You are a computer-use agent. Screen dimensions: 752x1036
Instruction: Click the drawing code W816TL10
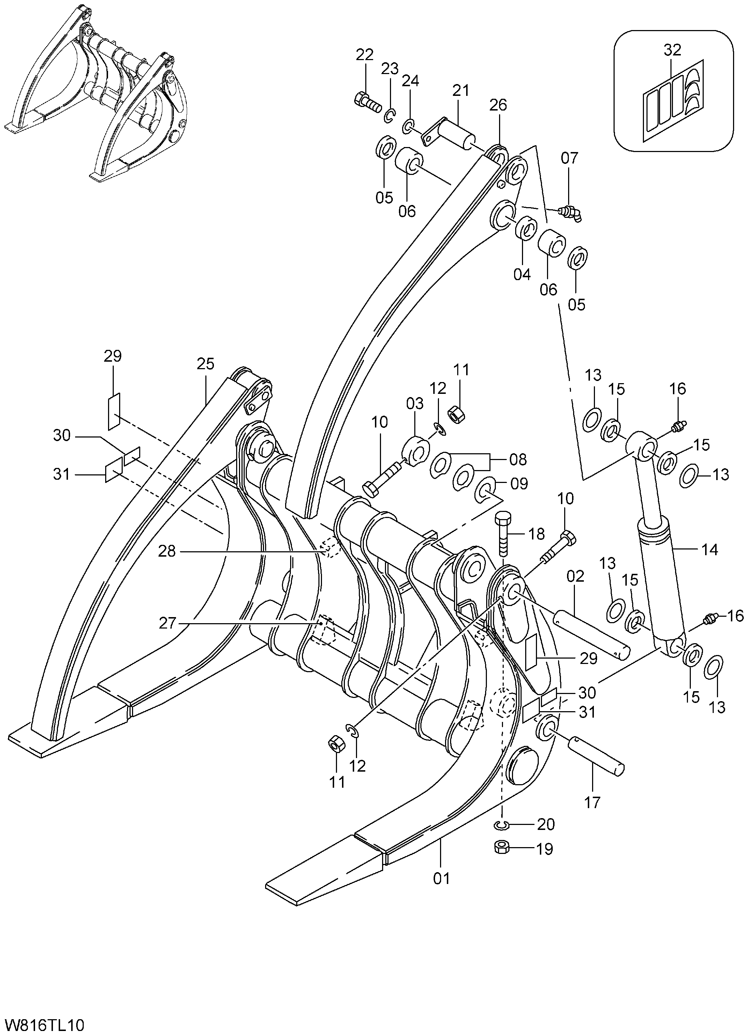(x=45, y=1025)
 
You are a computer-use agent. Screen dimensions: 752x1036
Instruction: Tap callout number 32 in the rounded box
(x=672, y=50)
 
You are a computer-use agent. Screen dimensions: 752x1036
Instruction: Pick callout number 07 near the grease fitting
(x=569, y=158)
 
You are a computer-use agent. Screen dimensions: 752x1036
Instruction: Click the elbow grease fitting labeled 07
(x=570, y=213)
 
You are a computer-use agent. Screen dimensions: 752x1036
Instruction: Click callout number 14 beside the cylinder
(x=709, y=549)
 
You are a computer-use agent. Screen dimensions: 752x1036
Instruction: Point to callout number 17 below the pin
(x=592, y=802)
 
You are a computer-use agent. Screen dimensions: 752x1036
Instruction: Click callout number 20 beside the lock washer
(x=546, y=825)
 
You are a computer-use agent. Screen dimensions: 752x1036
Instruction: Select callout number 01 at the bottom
(x=441, y=878)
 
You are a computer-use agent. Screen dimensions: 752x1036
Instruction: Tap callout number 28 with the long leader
(x=167, y=551)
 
